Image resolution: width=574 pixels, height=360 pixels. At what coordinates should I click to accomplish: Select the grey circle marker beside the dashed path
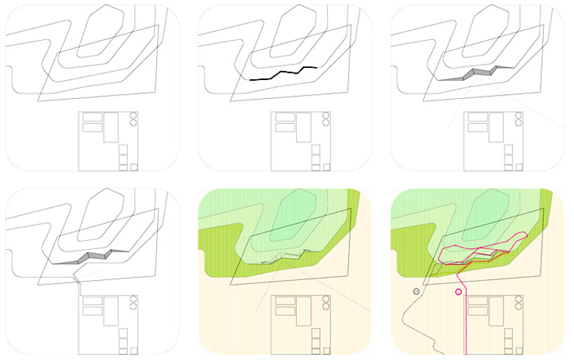416,291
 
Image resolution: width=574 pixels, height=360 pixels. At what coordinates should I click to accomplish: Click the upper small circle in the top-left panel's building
133,115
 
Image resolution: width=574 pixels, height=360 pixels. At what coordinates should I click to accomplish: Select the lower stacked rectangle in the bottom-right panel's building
478,312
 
